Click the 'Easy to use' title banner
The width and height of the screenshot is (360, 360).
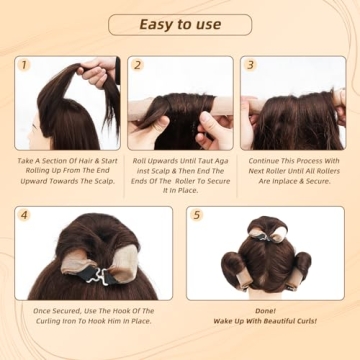(179, 24)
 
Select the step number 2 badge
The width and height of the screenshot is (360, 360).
(138, 65)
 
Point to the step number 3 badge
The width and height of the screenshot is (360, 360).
(251, 65)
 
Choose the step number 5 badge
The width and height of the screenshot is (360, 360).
(197, 215)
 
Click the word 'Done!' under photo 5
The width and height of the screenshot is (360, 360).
(265, 310)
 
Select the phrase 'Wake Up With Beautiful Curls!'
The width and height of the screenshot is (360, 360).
(265, 323)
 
